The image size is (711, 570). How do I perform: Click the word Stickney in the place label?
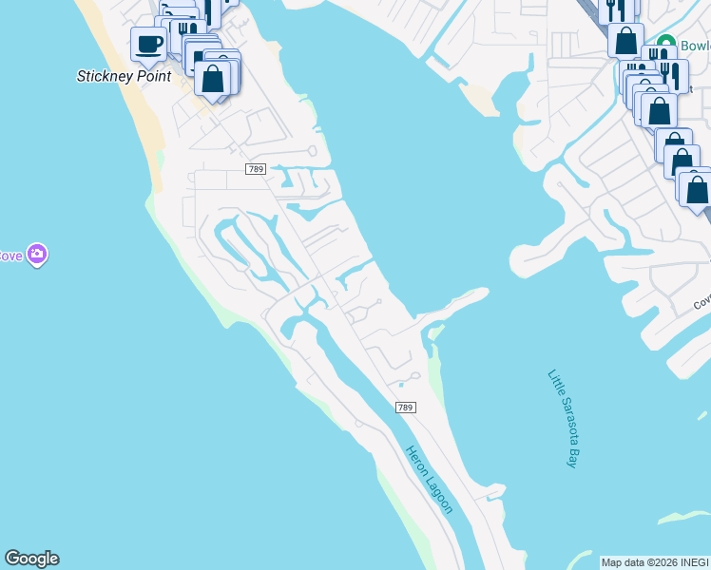tap(106, 76)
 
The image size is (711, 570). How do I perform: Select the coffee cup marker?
tap(148, 43)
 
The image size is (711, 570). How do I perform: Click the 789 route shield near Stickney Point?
tap(254, 169)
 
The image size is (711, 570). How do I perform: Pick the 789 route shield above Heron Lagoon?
tap(405, 408)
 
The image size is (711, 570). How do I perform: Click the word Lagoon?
tap(441, 495)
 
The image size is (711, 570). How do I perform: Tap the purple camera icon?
tap(37, 255)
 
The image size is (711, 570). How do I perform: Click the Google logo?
tap(31, 559)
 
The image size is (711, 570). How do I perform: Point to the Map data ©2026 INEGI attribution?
tap(655, 562)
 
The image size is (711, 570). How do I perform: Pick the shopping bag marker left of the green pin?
tap(625, 40)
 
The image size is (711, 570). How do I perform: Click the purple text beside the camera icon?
tap(10, 256)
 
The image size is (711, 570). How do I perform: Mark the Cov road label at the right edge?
tap(701, 300)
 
